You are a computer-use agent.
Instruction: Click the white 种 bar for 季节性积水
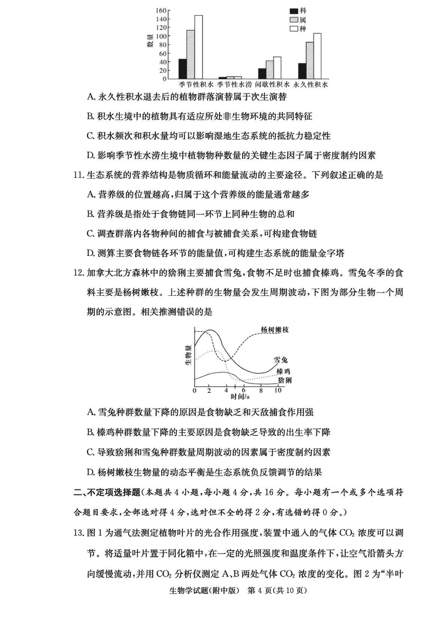pos(198,47)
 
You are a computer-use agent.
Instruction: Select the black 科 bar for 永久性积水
pos(302,71)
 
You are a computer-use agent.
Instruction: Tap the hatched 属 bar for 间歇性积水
pos(269,70)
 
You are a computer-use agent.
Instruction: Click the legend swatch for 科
pos(294,11)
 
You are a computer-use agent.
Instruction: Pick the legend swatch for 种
pos(294,28)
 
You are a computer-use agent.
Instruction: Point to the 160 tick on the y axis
pos(160,10)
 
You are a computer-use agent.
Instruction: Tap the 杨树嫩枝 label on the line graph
pos(274,329)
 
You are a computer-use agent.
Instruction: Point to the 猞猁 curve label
pos(284,379)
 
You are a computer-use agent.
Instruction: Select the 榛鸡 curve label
pos(284,370)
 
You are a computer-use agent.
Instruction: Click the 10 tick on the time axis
pos(278,390)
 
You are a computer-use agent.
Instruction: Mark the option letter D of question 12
pos(91,472)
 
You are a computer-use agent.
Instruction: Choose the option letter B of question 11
pos(91,213)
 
